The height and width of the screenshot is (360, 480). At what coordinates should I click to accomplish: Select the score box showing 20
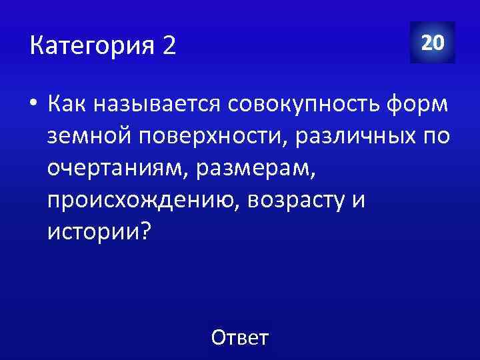(x=433, y=43)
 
